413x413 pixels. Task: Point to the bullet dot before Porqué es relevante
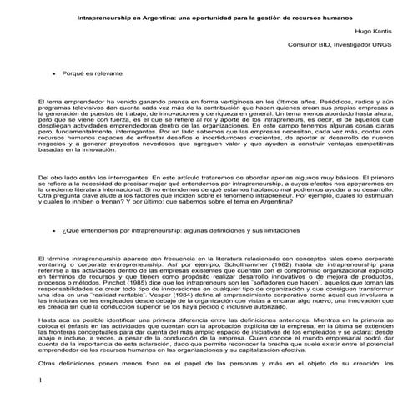(54, 74)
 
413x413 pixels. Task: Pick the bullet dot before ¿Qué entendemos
(54, 227)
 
